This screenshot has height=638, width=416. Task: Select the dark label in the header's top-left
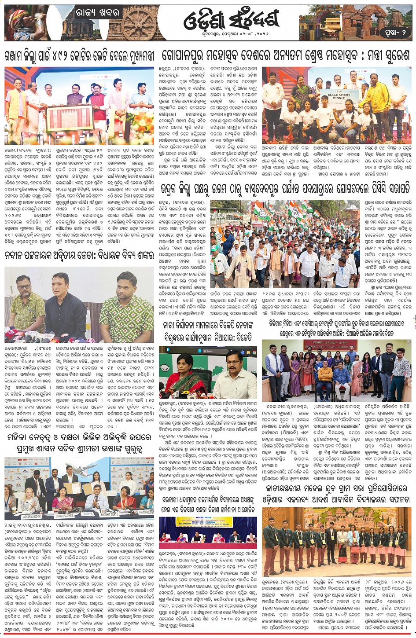coord(98,13)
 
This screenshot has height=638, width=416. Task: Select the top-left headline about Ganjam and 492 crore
coord(79,57)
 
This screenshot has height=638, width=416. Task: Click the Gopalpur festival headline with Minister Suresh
coord(286,56)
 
